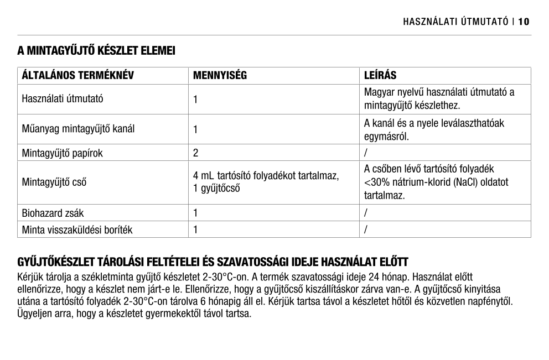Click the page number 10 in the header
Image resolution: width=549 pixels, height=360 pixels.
coord(524,22)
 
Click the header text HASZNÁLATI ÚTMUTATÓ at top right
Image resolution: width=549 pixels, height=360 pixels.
coord(455,22)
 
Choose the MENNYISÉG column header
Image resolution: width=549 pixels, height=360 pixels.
coord(220,76)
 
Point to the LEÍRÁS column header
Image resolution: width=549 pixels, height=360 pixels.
coord(380,76)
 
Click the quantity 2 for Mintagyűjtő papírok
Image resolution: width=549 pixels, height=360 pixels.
coord(196,152)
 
